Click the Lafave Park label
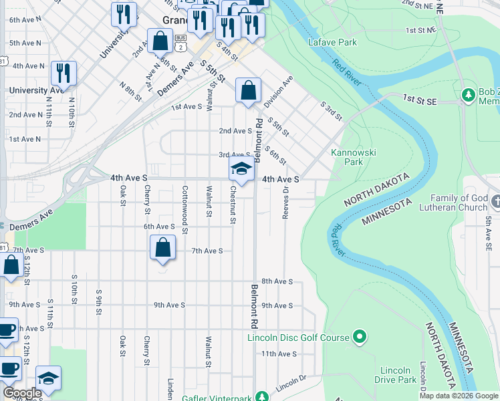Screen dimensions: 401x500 tap(333, 42)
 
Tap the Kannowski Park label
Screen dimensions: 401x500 tap(354, 157)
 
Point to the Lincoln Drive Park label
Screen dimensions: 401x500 tap(395, 375)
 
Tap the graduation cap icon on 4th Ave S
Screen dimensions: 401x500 tap(241, 169)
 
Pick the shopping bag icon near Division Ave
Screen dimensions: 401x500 tap(248, 90)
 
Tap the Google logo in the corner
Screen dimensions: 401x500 tap(22, 393)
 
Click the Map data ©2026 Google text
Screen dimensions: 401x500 tap(459, 396)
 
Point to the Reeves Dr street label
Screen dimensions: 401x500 tap(285, 200)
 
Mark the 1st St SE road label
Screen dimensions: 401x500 tap(419, 98)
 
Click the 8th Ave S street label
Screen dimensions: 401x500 tap(277, 281)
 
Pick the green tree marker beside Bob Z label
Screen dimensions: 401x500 tap(468, 96)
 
